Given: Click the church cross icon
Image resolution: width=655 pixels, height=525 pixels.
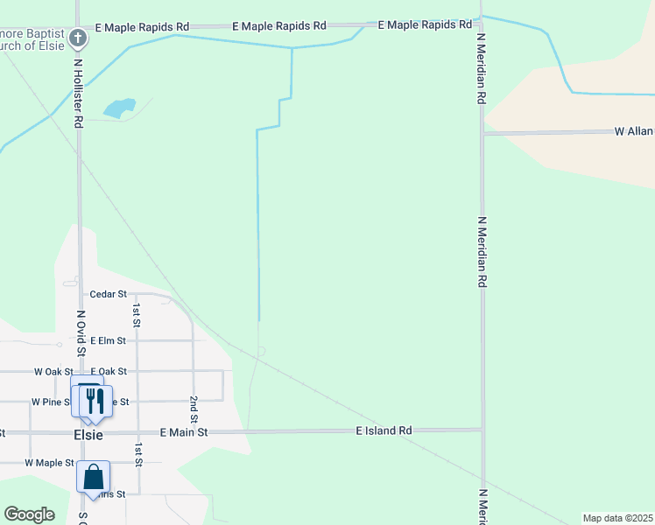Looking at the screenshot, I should pos(78,38).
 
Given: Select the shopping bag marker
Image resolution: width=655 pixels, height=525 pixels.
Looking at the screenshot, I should pos(93,478).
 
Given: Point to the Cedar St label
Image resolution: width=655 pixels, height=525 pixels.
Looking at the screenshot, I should pos(109,294).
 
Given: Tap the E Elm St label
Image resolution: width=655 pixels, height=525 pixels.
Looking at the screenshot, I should pos(109,340).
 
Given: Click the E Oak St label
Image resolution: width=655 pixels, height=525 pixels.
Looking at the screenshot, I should pos(109,372).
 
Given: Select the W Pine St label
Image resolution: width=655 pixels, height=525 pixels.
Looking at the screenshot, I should pos(51,402).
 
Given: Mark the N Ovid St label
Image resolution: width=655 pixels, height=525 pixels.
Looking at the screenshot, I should pos(81,332).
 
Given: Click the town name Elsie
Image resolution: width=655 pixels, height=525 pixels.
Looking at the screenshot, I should pos(88,434).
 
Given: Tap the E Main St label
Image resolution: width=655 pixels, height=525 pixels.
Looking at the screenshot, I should pos(184,432).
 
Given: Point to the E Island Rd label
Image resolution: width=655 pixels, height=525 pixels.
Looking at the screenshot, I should pos(384,430).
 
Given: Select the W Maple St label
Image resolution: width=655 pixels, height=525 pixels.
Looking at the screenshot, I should pos(49,462).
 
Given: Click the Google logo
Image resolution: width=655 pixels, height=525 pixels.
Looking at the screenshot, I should pos(29,514).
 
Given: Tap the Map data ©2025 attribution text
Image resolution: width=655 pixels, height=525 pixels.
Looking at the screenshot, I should pos(618,518).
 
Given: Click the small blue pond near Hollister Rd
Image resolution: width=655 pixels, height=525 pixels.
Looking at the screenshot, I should pos(119,108).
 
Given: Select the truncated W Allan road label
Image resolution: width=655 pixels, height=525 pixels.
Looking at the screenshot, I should pos(634,131).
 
